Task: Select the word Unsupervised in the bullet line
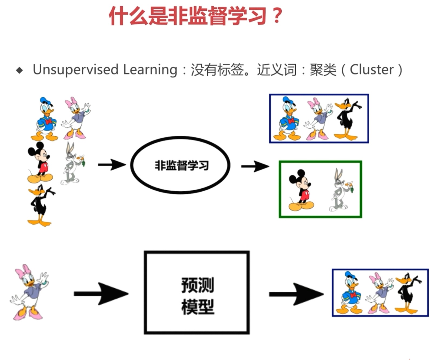pyautogui.click(x=76, y=70)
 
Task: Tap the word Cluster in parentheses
pyautogui.click(x=372, y=70)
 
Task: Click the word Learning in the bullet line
pyautogui.click(x=150, y=70)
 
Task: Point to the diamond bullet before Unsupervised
pyautogui.click(x=19, y=70)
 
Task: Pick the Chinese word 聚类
pyautogui.click(x=323, y=70)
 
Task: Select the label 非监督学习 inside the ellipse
pyautogui.click(x=182, y=165)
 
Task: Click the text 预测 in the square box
pyautogui.click(x=198, y=285)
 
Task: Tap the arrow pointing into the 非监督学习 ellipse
pyautogui.click(x=112, y=165)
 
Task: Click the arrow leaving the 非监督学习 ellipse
pyautogui.click(x=255, y=166)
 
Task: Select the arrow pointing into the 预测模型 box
pyautogui.click(x=101, y=294)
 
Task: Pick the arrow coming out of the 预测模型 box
pyautogui.click(x=296, y=294)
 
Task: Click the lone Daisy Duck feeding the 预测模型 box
pyautogui.click(x=29, y=292)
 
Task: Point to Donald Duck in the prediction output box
pyautogui.click(x=349, y=292)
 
